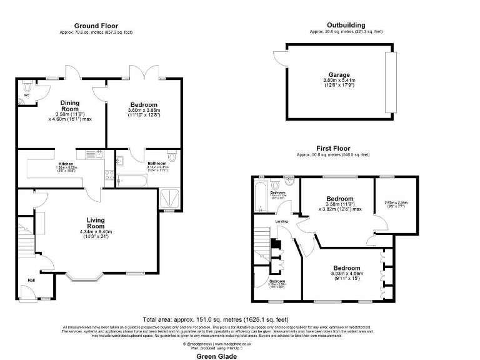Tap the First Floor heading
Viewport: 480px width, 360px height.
[x=332, y=149]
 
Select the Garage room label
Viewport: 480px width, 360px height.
[x=340, y=75]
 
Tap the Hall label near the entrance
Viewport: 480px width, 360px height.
[x=31, y=279]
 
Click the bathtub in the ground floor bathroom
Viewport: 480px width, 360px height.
[x=131, y=182]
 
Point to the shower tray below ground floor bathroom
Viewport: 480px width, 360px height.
[x=169, y=198]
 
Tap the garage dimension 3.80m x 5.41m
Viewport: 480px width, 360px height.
[x=340, y=81]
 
